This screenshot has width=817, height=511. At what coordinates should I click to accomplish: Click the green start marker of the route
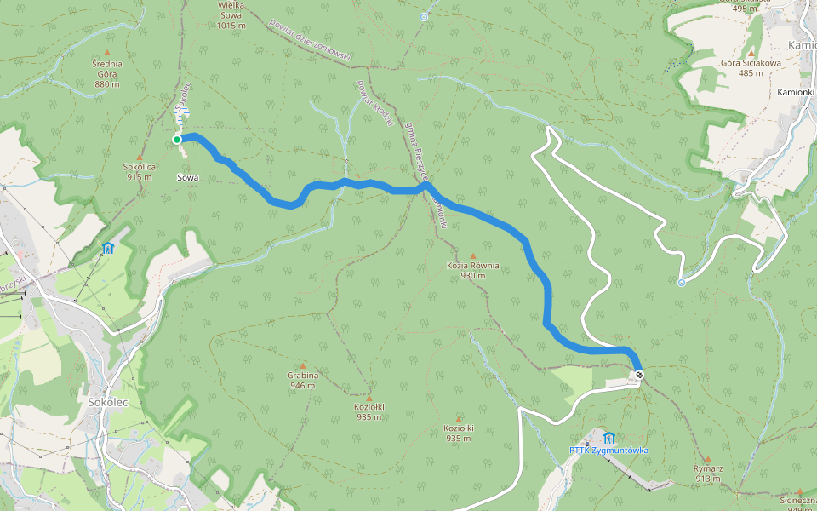point(177,140)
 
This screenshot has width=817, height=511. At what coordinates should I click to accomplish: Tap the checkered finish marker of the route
point(638,375)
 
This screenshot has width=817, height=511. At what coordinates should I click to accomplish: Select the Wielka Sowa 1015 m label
point(231,14)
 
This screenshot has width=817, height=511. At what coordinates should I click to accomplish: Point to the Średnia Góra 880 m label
point(107,73)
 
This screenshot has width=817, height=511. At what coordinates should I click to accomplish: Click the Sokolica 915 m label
point(140,172)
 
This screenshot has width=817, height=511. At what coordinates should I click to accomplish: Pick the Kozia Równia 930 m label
point(473,271)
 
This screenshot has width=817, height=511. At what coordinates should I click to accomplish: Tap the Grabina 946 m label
point(302,380)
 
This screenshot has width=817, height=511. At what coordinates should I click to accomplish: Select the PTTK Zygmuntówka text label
point(608,450)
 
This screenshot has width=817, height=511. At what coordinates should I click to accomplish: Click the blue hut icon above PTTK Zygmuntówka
point(608,437)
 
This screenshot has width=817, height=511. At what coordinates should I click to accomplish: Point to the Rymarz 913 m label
point(707,473)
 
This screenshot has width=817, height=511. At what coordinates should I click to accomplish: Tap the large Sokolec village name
point(107,400)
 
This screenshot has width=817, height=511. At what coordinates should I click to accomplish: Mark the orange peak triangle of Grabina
point(302,365)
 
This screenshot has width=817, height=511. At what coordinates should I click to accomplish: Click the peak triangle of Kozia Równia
point(473,255)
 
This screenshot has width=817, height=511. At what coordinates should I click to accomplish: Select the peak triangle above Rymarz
point(707,458)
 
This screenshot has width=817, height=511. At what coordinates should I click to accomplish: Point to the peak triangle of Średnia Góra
point(107,53)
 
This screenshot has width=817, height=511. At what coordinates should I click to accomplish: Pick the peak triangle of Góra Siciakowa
point(751,52)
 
